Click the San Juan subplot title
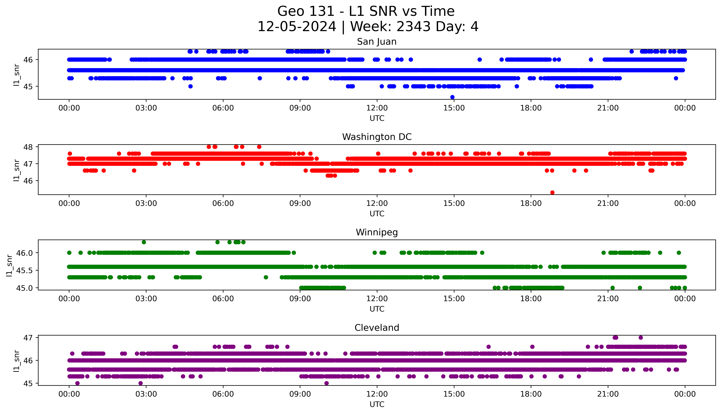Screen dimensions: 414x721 click(x=377, y=42)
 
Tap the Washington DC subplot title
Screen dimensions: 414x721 click(x=377, y=137)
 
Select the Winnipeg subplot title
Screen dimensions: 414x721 click(x=377, y=233)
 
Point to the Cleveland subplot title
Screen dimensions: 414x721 click(x=377, y=328)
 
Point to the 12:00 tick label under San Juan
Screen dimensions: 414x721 click(x=377, y=108)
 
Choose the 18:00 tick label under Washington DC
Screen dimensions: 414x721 click(x=531, y=203)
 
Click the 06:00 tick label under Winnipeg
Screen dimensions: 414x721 click(x=223, y=299)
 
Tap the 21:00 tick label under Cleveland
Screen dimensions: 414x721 click(x=608, y=394)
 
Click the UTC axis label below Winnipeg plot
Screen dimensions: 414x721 click(x=377, y=309)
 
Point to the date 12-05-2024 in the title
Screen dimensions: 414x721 click(x=297, y=27)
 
